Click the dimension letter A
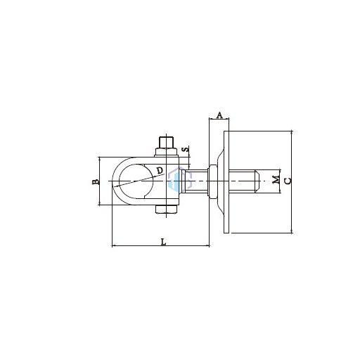click(219, 115)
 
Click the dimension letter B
click(96, 181)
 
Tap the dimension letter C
click(288, 181)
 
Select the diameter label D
click(160, 170)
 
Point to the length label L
click(163, 242)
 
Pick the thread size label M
click(276, 180)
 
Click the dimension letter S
click(186, 149)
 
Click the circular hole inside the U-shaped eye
click(136, 181)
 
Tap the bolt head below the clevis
click(166, 209)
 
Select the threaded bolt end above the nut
click(166, 142)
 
